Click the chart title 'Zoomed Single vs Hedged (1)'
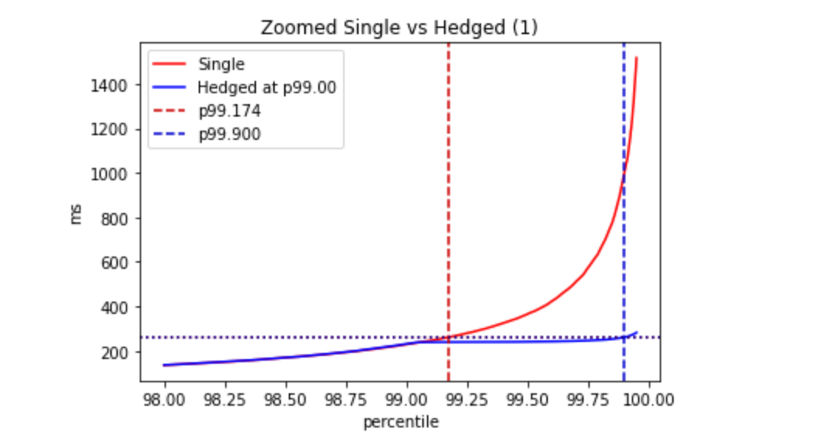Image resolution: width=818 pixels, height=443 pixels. click(399, 27)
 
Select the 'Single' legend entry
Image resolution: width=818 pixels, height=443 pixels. click(220, 65)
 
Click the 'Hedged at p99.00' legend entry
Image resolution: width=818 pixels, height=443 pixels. click(266, 88)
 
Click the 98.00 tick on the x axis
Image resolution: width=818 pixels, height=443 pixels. click(165, 399)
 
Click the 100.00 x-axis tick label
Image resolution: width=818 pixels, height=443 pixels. click(650, 399)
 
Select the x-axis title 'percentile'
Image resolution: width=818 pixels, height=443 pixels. click(400, 423)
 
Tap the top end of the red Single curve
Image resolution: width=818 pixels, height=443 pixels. click(636, 58)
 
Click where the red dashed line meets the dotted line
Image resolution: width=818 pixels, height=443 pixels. click(449, 337)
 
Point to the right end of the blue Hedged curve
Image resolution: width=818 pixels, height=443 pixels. click(636, 333)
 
